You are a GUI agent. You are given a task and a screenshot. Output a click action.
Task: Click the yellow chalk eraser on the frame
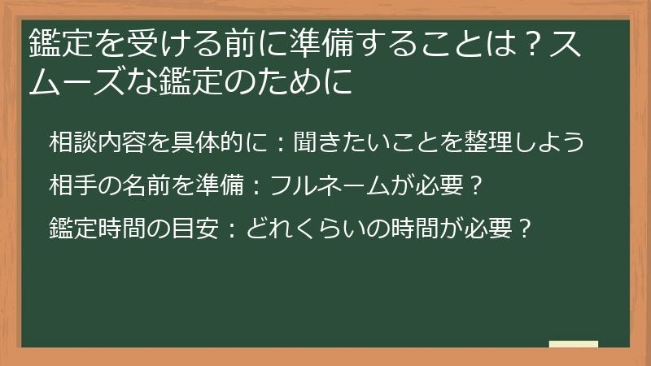[573, 344]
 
